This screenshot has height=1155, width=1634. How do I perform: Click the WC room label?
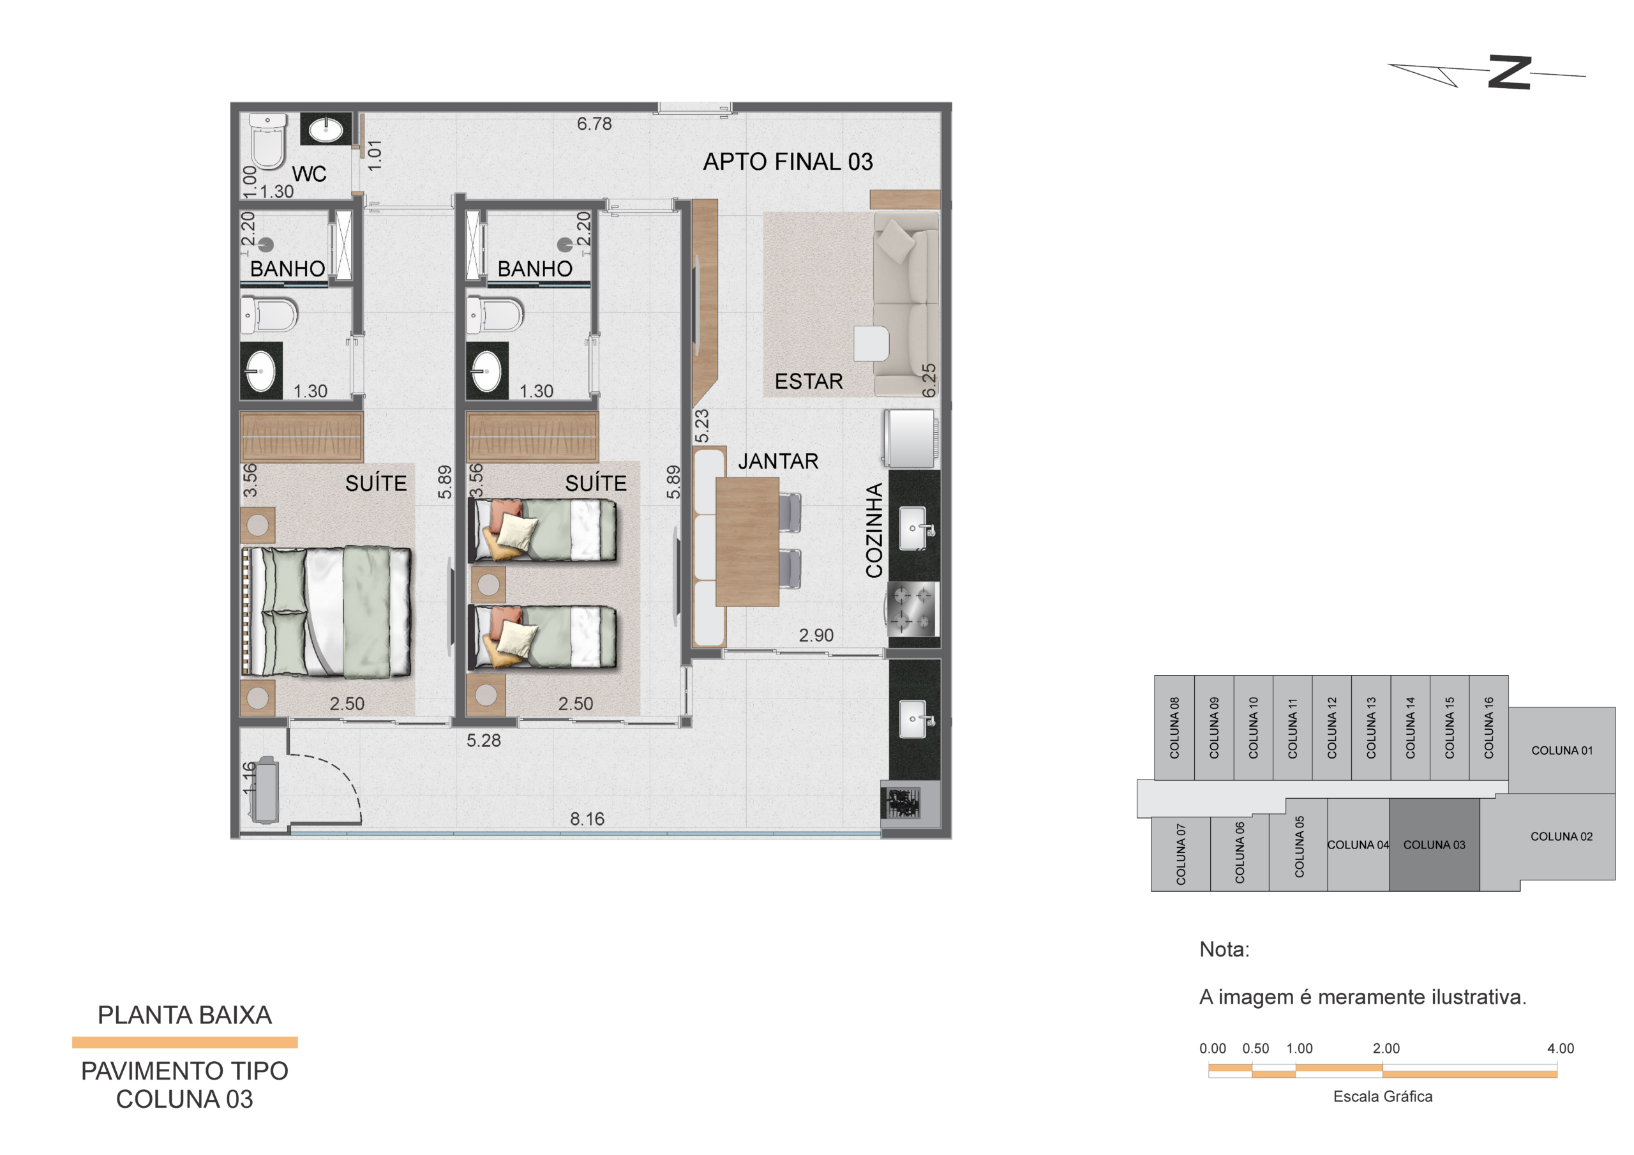309,174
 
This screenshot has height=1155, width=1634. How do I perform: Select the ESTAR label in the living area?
809,382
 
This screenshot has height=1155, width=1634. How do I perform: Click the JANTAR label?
778,462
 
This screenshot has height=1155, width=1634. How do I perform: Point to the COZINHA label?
874,531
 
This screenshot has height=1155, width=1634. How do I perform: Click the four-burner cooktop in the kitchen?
912,610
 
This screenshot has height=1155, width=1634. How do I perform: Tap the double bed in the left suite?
327,611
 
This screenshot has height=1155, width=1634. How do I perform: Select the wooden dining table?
747,541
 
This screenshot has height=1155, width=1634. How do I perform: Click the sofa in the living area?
906,304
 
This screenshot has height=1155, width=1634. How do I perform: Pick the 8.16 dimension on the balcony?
587,819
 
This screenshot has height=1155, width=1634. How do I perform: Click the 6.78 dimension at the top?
594,124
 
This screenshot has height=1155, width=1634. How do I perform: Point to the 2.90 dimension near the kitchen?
816,635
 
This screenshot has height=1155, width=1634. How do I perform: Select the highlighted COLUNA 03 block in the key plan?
1434,845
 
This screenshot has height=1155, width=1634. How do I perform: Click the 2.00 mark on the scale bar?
1386,1048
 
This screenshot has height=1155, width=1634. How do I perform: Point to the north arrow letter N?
1510,72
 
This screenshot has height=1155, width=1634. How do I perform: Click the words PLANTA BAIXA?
184,1015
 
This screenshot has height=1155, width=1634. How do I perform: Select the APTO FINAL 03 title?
788,162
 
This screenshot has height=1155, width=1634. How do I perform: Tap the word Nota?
1224,949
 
